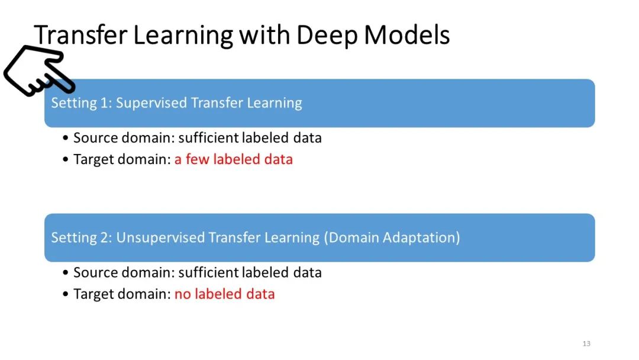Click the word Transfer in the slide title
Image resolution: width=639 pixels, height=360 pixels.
(x=80, y=36)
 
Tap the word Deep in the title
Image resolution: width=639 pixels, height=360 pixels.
(x=327, y=36)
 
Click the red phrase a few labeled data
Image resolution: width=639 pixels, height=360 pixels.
(x=233, y=159)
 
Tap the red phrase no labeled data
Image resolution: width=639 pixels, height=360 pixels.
(x=224, y=294)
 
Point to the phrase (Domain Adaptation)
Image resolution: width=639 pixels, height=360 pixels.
(x=392, y=238)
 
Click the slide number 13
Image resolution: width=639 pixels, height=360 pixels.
(x=586, y=344)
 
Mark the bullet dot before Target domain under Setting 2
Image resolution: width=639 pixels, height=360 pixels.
(x=66, y=294)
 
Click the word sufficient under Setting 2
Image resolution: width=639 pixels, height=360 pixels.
(x=209, y=272)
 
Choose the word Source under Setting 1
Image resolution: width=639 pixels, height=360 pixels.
(x=93, y=139)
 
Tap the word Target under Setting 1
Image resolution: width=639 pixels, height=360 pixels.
(x=92, y=159)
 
